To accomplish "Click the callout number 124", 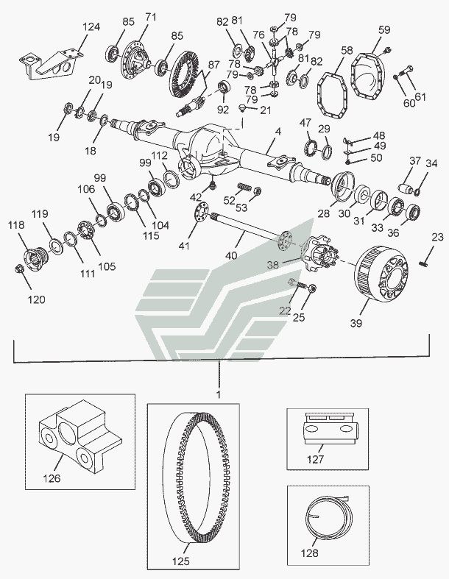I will [x=91, y=28].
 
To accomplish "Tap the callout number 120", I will [x=37, y=299].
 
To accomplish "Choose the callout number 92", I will [x=224, y=110].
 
